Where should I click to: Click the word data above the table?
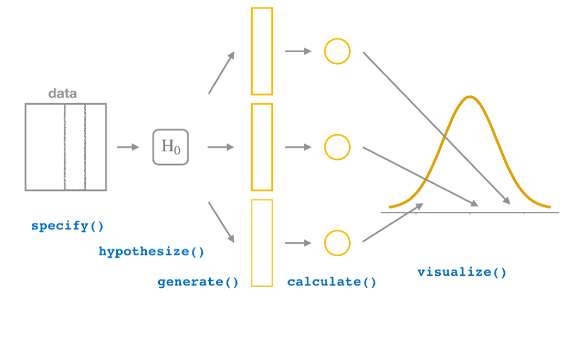pyautogui.click(x=62, y=94)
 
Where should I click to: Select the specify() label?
pyautogui.click(x=67, y=226)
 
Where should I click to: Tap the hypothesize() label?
pyautogui.click(x=152, y=252)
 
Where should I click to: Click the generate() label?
pyautogui.click(x=198, y=282)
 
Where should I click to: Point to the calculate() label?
pyautogui.click(x=331, y=282)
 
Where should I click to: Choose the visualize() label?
pyautogui.click(x=462, y=272)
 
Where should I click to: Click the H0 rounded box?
pyautogui.click(x=171, y=147)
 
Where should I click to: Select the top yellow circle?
pyautogui.click(x=337, y=51)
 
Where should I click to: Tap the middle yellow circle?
pyautogui.click(x=337, y=147)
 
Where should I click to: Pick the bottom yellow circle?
pyautogui.click(x=337, y=243)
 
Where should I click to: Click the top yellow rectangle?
pyautogui.click(x=261, y=51)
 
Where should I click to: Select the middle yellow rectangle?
pyautogui.click(x=261, y=147)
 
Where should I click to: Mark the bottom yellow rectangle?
pyautogui.click(x=261, y=243)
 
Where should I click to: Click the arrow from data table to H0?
pyautogui.click(x=128, y=147)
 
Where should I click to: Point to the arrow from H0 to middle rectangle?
pyautogui.click(x=221, y=147)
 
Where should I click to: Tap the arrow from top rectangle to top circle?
pyautogui.click(x=298, y=51)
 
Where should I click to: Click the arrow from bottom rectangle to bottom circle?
pyautogui.click(x=298, y=243)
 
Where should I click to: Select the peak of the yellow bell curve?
pyautogui.click(x=470, y=97)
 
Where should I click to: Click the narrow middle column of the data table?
pyautogui.click(x=75, y=147)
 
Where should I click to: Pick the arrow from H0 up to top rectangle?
pyautogui.click(x=222, y=71)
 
